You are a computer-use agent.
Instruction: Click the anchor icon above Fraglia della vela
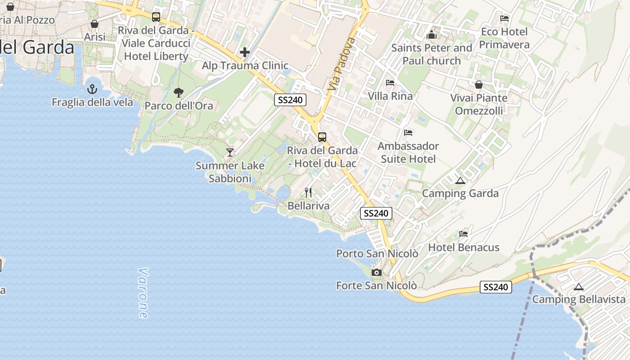(92, 89)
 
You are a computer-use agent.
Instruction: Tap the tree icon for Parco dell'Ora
(179, 93)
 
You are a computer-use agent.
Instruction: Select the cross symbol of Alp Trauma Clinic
(245, 53)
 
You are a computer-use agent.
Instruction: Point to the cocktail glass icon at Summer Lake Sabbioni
(230, 153)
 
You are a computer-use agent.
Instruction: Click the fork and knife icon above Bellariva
(308, 193)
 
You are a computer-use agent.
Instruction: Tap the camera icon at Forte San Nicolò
(377, 272)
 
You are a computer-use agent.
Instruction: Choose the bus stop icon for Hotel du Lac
(322, 137)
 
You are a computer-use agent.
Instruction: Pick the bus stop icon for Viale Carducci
(156, 17)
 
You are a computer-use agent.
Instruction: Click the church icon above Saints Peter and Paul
(432, 35)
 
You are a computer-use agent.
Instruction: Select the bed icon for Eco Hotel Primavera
(504, 18)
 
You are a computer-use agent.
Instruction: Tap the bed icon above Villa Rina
(390, 83)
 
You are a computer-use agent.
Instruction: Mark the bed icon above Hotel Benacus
(463, 234)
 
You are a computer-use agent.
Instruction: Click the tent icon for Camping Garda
(460, 181)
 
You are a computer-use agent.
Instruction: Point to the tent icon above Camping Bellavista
(579, 287)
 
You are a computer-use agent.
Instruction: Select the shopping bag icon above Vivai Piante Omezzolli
(479, 85)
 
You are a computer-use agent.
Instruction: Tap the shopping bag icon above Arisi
(94, 24)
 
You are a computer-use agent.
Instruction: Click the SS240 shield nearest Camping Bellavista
(496, 287)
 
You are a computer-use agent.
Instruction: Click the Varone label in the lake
(143, 293)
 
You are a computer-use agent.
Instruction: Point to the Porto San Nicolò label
(377, 254)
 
